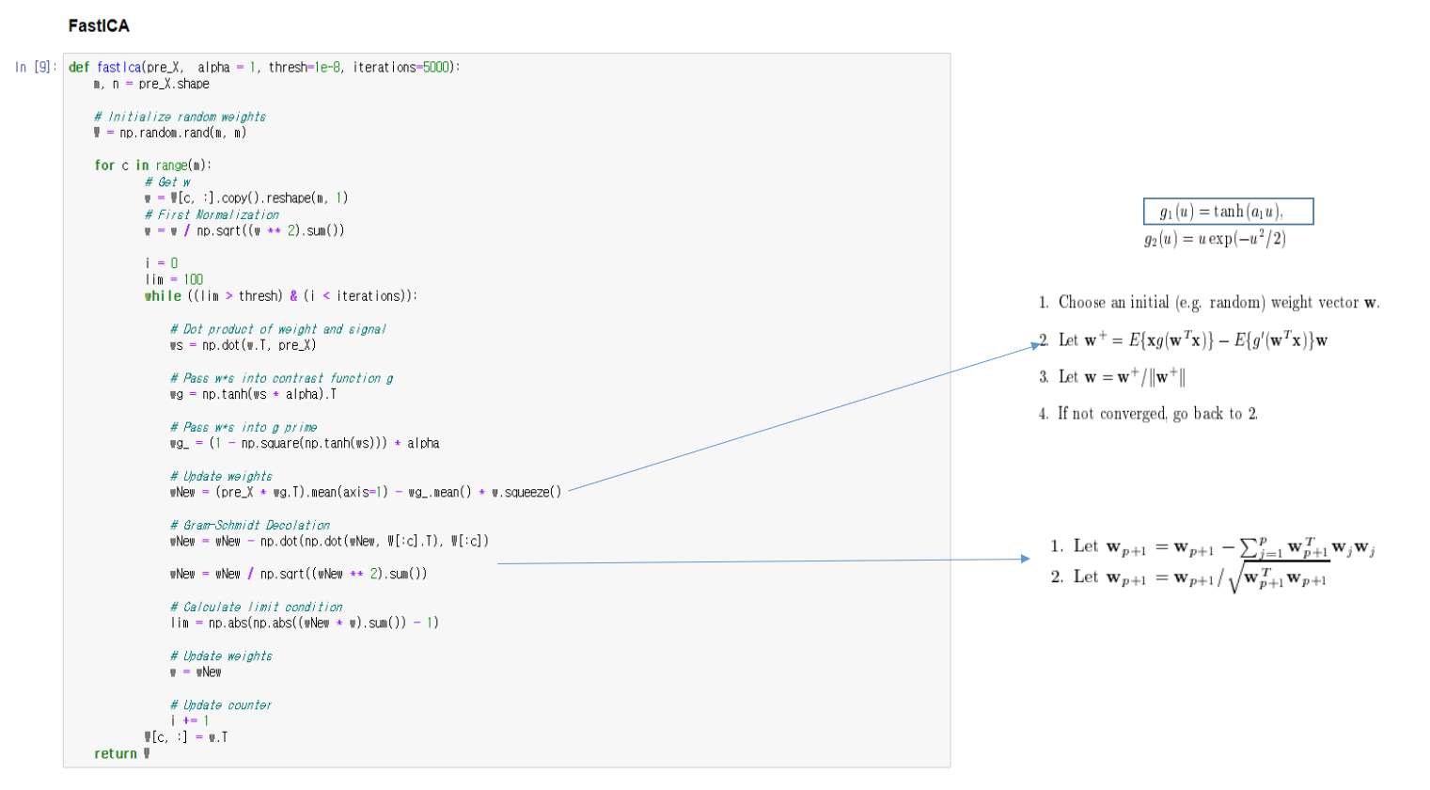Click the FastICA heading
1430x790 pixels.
[x=99, y=25]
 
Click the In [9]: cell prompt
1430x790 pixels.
[x=36, y=67]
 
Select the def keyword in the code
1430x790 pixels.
[x=79, y=67]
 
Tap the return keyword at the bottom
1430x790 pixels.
[x=115, y=753]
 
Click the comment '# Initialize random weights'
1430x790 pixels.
[x=180, y=117]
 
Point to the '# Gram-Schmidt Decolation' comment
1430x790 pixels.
[x=250, y=525]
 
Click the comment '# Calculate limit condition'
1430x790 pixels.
[x=256, y=607]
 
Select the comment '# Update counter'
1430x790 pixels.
[x=221, y=704]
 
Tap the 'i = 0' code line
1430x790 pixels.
[x=162, y=263]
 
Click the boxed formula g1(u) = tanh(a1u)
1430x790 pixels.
[x=1228, y=212]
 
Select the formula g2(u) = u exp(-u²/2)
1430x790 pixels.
[x=1215, y=239]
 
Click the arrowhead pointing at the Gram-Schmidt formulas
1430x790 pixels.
[x=1025, y=559]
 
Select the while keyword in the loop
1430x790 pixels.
[x=163, y=296]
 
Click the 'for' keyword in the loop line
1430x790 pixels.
[x=104, y=166]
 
